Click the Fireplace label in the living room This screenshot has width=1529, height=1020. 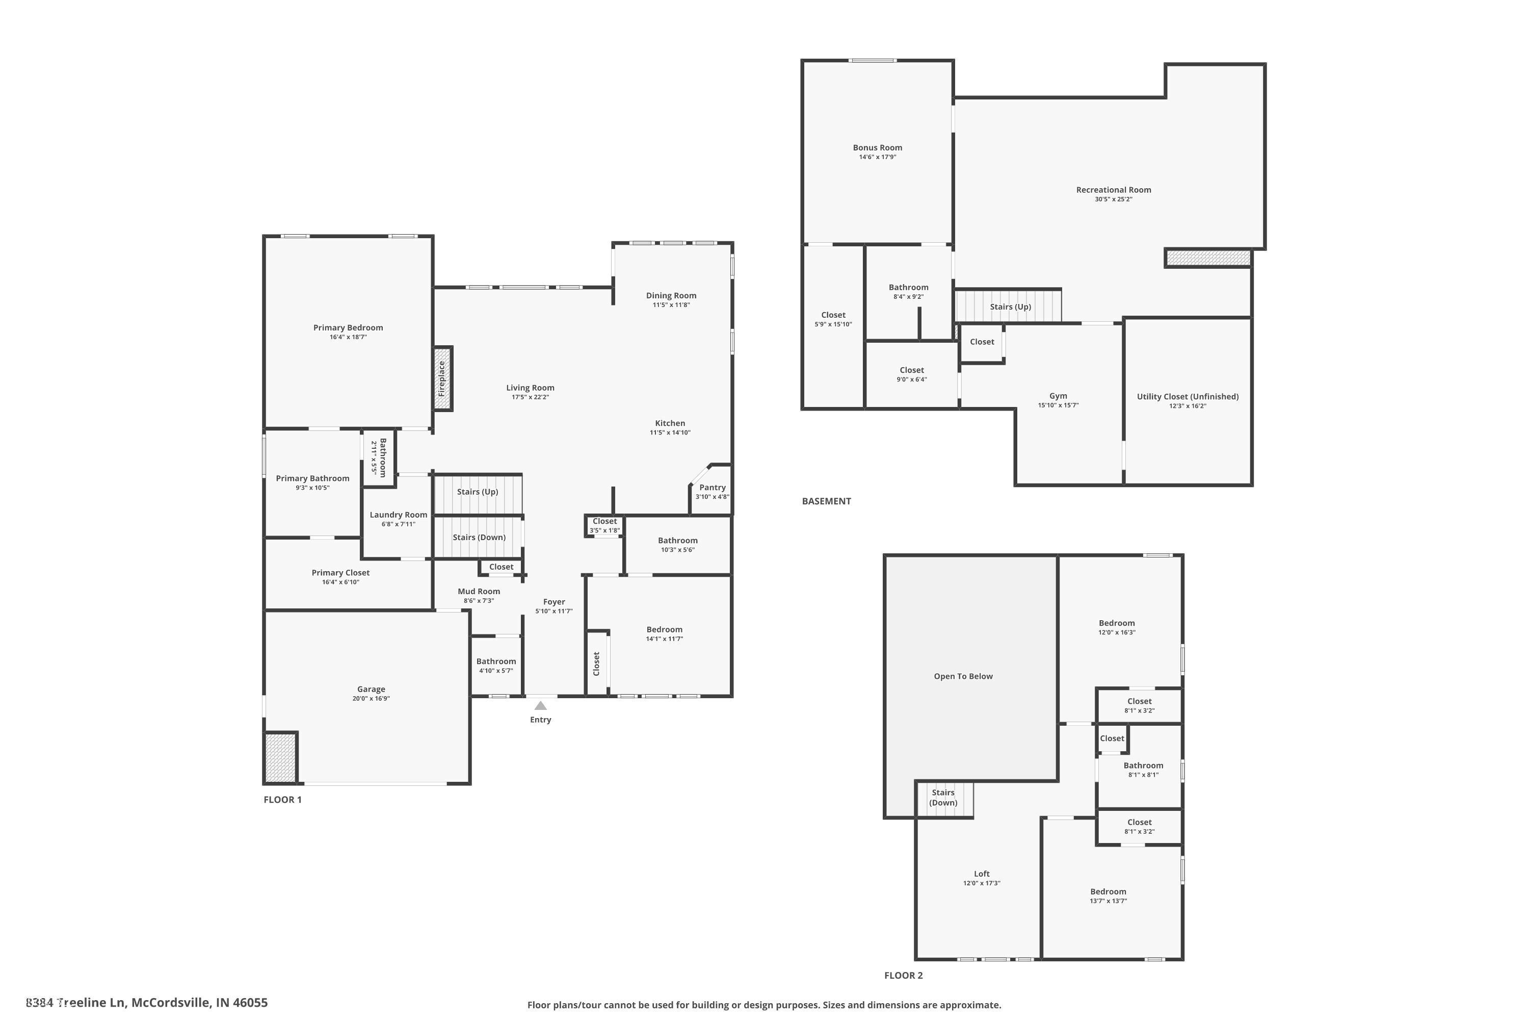(442, 378)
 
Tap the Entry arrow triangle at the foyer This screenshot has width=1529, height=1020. (540, 706)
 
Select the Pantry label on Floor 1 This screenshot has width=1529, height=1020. (713, 487)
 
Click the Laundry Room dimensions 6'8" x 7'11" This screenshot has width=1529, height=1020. (398, 524)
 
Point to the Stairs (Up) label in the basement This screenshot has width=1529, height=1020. (1010, 307)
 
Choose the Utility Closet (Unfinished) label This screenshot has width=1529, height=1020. (1187, 396)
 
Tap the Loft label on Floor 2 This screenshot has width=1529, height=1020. (982, 874)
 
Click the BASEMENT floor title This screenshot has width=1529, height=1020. (826, 501)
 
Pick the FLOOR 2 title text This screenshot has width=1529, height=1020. (903, 975)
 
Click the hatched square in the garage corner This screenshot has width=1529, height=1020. (280, 757)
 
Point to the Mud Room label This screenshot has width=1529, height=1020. (479, 591)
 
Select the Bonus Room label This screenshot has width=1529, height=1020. (877, 148)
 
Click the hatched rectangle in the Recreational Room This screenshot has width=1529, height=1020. (1208, 258)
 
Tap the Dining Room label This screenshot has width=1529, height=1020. (671, 295)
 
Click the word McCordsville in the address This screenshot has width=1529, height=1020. (172, 1003)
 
